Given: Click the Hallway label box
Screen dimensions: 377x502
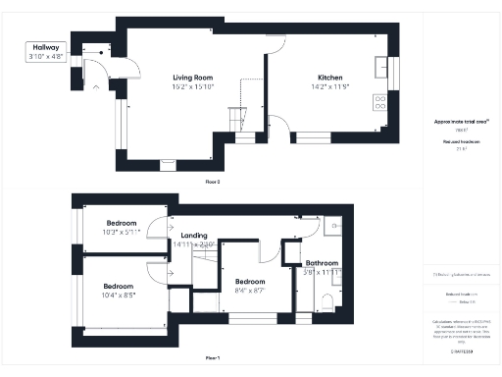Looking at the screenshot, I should (46, 52).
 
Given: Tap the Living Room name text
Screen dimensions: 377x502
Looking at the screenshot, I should (192, 78).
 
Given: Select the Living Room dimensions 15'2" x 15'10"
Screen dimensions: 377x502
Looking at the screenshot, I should (192, 87).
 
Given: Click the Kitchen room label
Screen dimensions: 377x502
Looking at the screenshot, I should (329, 78).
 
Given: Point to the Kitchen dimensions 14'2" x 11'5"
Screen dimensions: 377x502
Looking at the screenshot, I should (329, 87).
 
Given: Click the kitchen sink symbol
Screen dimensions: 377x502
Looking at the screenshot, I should (380, 68).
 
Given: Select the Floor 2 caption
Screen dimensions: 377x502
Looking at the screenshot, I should (213, 182).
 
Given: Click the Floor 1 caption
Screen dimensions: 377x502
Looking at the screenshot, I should (213, 357).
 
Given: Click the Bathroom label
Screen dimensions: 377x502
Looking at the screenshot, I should (321, 263).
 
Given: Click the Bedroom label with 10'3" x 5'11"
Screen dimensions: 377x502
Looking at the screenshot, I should (122, 223).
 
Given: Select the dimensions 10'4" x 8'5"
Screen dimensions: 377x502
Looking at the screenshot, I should (119, 295).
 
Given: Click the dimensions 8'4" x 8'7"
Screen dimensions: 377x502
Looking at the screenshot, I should (250, 291).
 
